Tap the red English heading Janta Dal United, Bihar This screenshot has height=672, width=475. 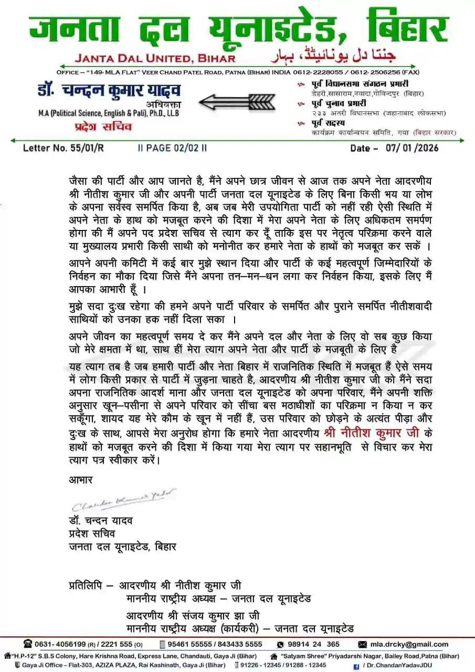[x=155, y=57]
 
